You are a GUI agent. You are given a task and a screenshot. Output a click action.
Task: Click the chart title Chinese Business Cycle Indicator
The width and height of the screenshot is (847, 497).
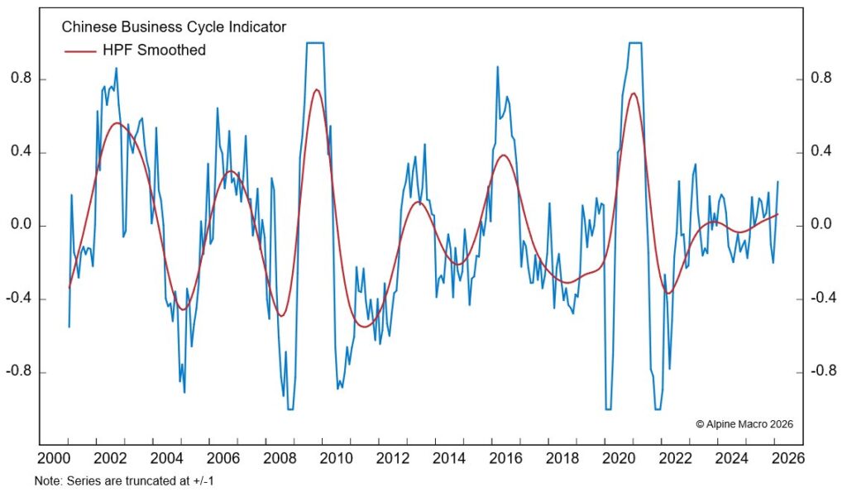[174, 27]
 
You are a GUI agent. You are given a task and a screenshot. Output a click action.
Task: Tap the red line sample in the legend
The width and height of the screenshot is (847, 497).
[82, 50]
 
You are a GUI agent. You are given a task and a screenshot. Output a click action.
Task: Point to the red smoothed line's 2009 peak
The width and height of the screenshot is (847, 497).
[317, 89]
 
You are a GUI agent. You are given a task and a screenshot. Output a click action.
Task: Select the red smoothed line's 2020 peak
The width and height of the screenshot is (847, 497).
[634, 93]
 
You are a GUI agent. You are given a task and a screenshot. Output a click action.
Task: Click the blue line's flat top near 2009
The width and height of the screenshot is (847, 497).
[315, 42]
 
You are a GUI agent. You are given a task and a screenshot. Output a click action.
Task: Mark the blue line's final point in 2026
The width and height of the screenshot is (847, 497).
[778, 182]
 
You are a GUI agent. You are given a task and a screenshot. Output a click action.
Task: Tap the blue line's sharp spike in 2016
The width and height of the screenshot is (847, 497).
[497, 67]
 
